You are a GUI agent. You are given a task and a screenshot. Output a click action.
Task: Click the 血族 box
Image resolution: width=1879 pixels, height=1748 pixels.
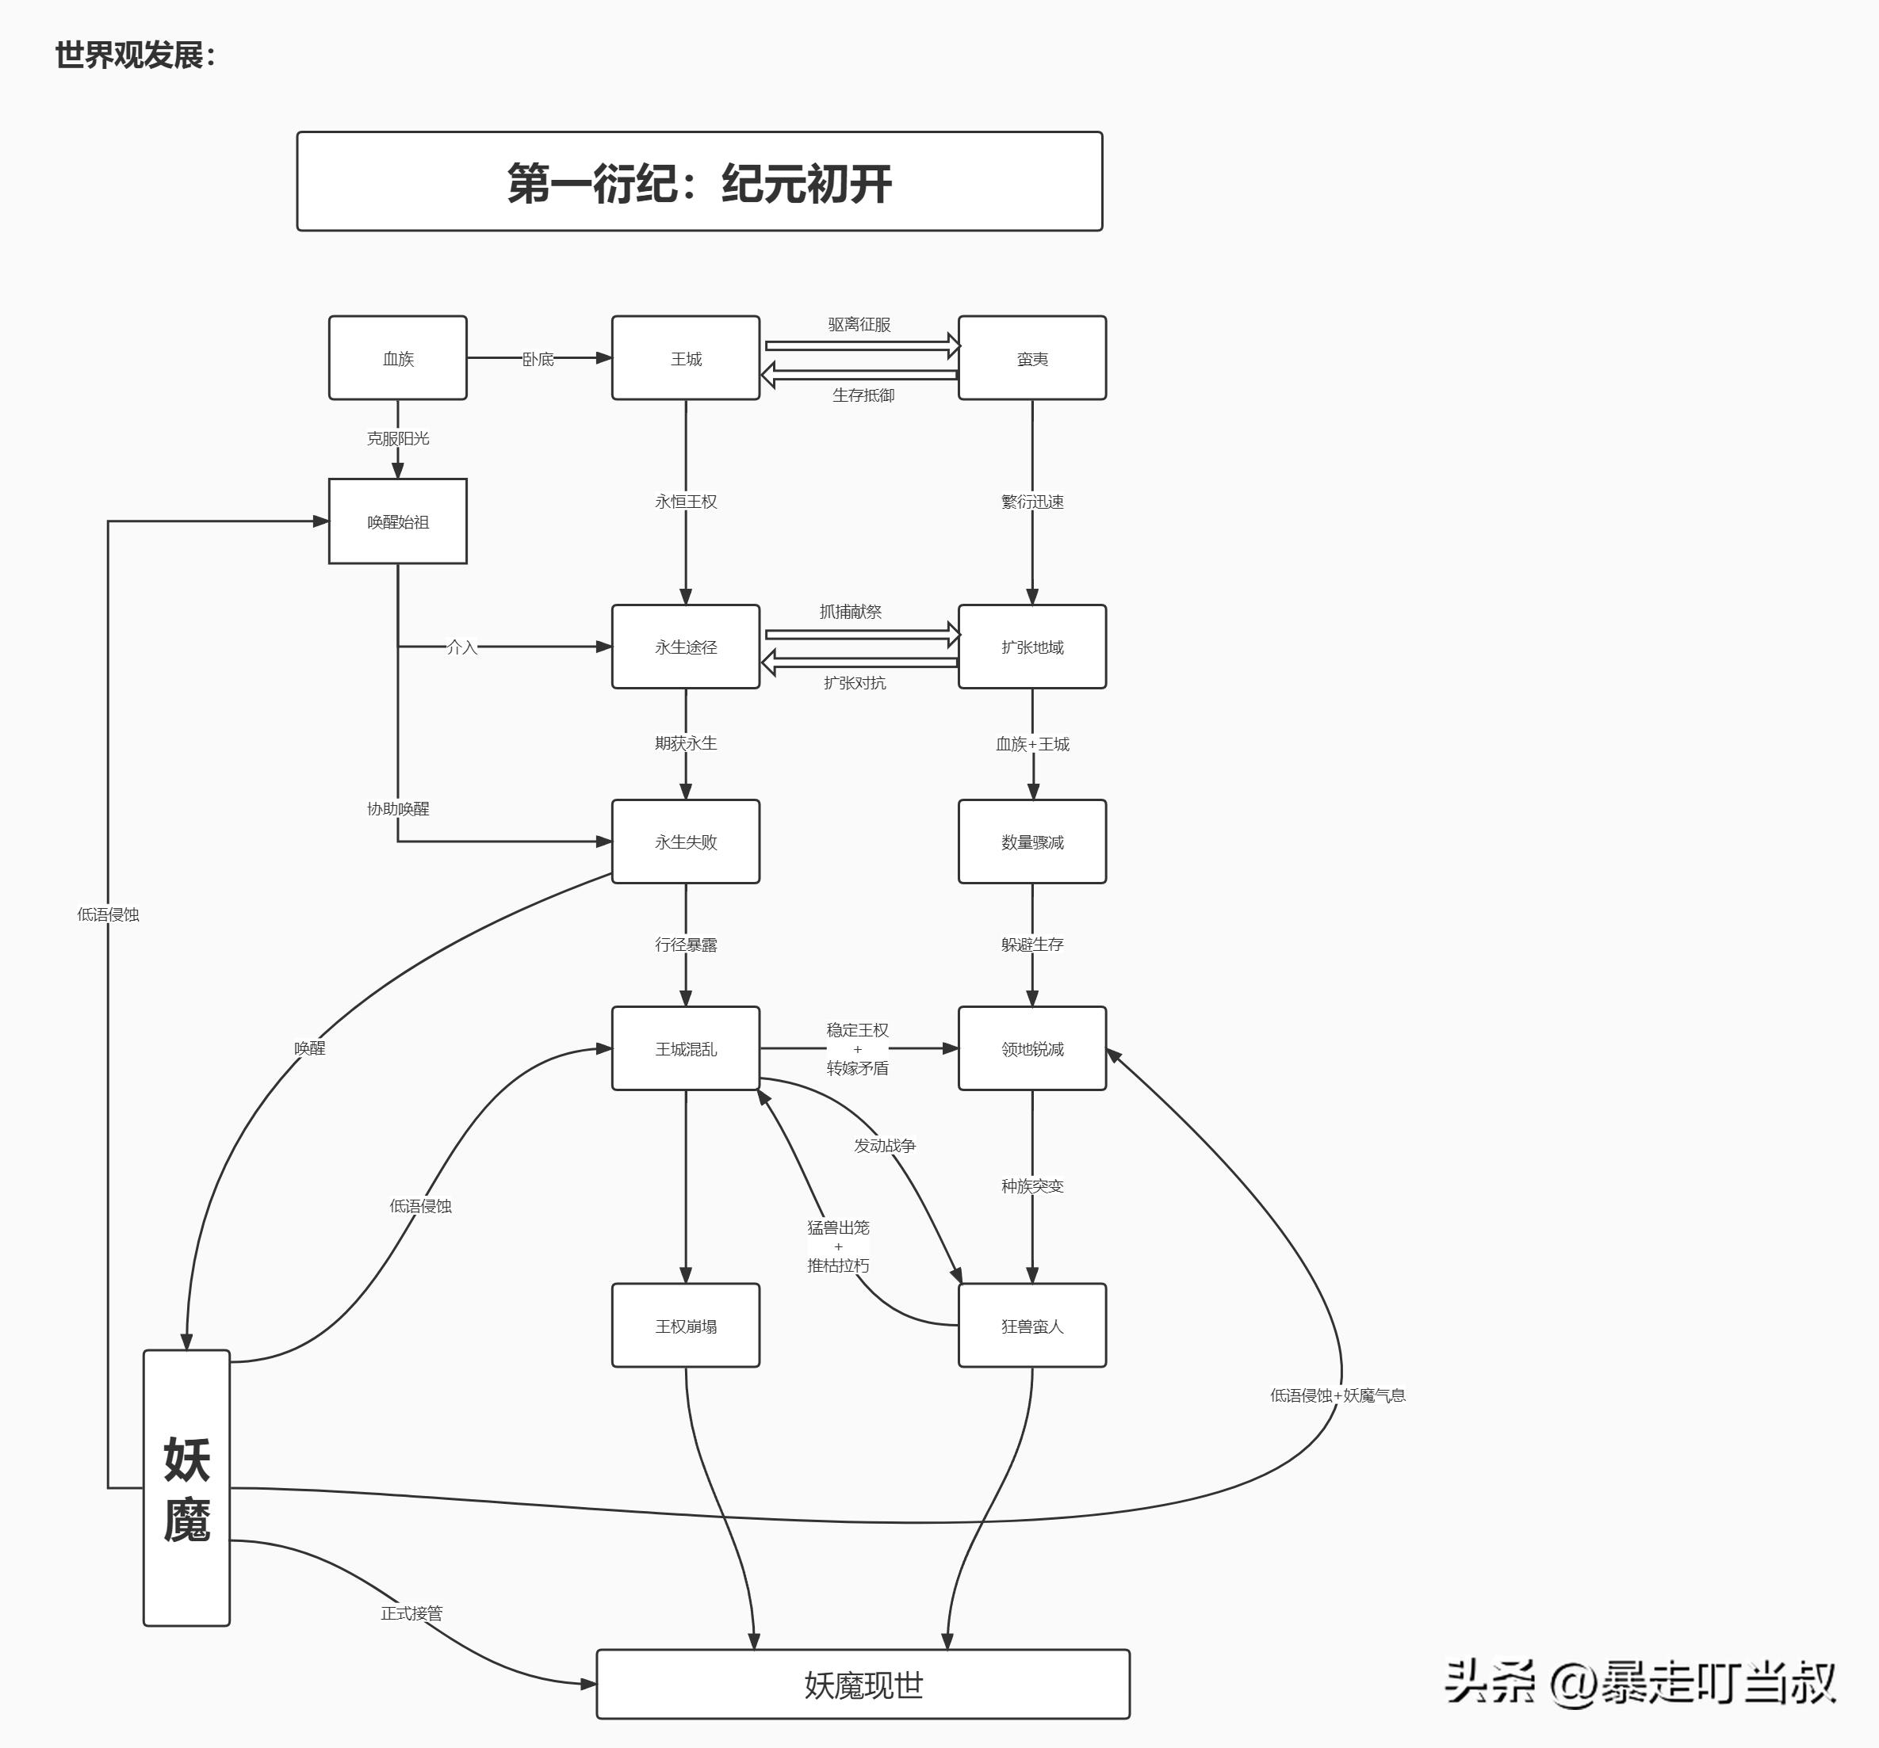pyautogui.click(x=397, y=358)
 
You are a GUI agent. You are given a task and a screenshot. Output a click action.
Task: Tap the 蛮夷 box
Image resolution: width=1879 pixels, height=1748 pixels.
pyautogui.click(x=1031, y=358)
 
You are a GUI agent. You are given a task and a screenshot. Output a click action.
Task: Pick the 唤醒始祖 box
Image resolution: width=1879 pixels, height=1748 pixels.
pyautogui.click(x=397, y=521)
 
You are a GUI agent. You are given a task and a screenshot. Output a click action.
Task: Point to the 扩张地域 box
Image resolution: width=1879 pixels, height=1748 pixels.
pyautogui.click(x=1031, y=647)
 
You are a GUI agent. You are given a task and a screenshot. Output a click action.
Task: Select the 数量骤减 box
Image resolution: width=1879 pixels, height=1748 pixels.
pyautogui.click(x=1031, y=842)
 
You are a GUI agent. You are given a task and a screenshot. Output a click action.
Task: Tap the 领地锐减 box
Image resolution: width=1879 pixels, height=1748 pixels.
pyautogui.click(x=1031, y=1049)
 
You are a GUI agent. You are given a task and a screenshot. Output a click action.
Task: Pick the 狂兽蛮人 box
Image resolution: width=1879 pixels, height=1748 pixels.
pyautogui.click(x=1031, y=1326)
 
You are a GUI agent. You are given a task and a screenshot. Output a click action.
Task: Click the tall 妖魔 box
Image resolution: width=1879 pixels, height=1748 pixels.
pyautogui.click(x=186, y=1488)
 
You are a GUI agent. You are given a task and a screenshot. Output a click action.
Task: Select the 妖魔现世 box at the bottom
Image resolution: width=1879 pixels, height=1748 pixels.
pyautogui.click(x=863, y=1685)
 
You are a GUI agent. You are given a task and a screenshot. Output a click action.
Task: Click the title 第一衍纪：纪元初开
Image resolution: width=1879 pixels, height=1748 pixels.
pyautogui.click(x=699, y=181)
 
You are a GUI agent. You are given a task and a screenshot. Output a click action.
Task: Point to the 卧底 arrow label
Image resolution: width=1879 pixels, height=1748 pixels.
pyautogui.click(x=538, y=359)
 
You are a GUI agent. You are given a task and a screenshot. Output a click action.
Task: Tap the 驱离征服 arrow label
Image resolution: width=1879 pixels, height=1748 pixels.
pyautogui.click(x=859, y=324)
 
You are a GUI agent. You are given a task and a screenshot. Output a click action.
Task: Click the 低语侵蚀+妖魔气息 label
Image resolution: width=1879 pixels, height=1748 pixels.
pyautogui.click(x=1337, y=1395)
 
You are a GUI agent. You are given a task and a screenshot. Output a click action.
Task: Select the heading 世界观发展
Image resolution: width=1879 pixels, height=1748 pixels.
pyautogui.click(x=135, y=55)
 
